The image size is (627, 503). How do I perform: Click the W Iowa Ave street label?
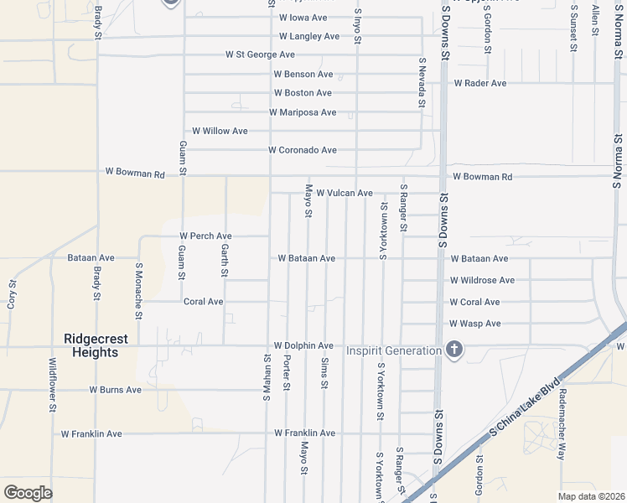click(303, 18)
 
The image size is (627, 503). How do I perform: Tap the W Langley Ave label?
click(309, 37)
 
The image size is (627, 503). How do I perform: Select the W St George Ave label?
click(260, 54)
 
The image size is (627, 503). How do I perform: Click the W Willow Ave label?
click(220, 131)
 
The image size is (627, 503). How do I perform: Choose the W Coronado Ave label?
click(302, 150)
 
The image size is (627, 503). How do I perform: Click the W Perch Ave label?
click(205, 236)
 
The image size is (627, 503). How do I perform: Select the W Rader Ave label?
click(480, 84)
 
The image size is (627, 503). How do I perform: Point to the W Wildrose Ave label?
click(482, 280)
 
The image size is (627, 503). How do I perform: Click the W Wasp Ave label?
click(475, 324)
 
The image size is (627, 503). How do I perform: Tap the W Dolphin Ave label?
click(303, 345)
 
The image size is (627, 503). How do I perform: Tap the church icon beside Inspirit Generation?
click(453, 350)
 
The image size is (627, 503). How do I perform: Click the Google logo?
click(28, 493)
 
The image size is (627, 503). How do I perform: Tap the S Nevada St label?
click(422, 82)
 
